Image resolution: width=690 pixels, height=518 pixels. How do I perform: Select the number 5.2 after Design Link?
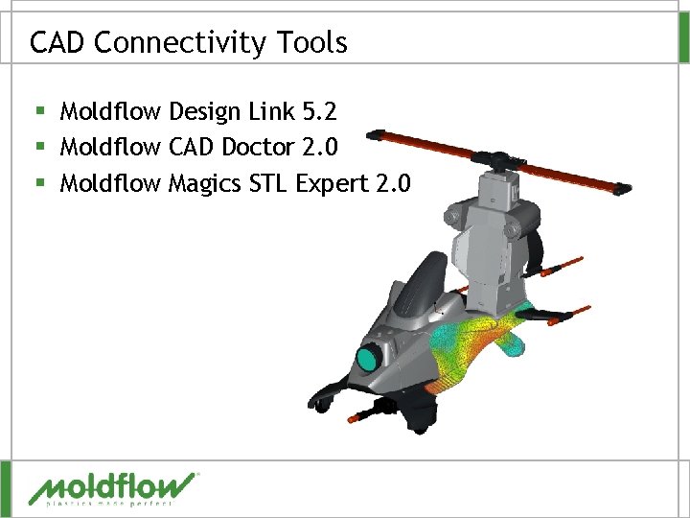pos(319,112)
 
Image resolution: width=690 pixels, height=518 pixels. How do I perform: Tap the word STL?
pos(268,182)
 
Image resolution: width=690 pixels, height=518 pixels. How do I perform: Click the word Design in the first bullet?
pos(203,112)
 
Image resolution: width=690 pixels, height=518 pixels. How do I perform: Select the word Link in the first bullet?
pos(270,112)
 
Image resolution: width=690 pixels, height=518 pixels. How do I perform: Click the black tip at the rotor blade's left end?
pos(377,134)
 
